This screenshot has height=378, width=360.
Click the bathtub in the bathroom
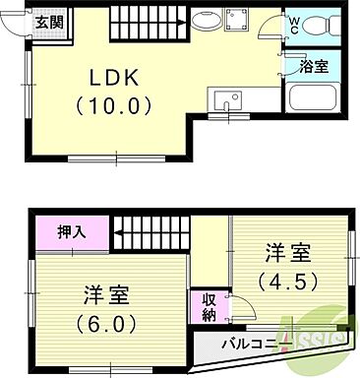(x=314, y=99)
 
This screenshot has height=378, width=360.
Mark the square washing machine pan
(x=237, y=21)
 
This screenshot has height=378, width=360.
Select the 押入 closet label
(x=70, y=233)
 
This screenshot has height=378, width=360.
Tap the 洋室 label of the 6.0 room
(x=107, y=294)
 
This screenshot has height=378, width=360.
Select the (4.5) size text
(x=286, y=281)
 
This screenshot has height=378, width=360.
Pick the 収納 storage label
(x=209, y=308)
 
